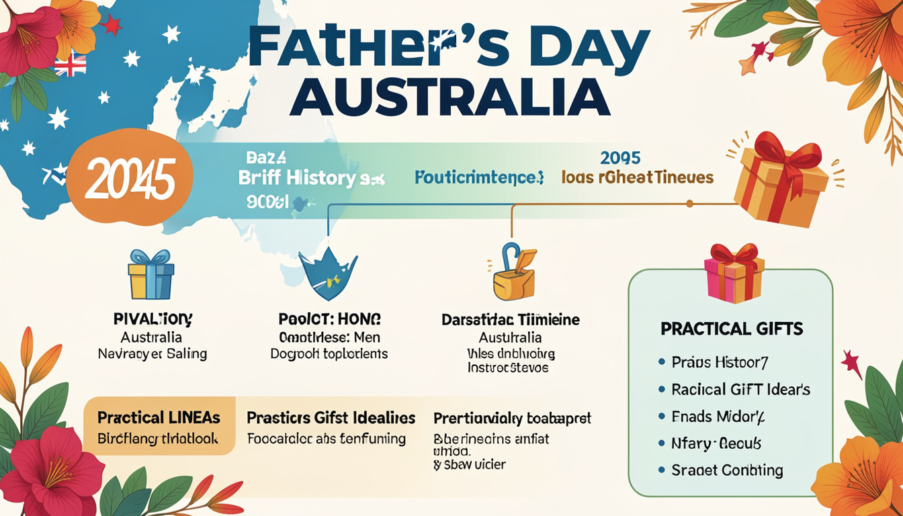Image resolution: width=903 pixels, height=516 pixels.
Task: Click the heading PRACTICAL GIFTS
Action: (x=732, y=329)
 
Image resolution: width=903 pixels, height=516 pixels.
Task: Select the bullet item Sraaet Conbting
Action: (x=727, y=470)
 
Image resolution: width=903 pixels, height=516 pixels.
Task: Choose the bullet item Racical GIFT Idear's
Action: (x=740, y=390)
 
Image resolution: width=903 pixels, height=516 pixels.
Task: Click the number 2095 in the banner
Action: (x=620, y=159)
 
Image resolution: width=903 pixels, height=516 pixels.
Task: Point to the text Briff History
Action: (x=298, y=178)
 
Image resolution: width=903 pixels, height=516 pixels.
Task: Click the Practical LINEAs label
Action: (x=159, y=418)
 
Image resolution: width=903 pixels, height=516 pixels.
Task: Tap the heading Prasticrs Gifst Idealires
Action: (x=331, y=418)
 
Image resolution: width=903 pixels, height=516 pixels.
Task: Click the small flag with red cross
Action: (x=70, y=66)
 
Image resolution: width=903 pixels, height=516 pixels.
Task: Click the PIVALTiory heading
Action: (x=153, y=318)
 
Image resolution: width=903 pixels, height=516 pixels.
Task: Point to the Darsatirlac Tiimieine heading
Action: (x=511, y=320)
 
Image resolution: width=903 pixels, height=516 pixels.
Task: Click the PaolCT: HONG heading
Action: (x=329, y=319)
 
